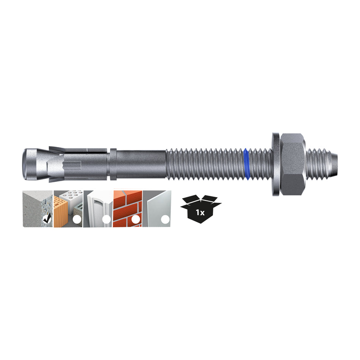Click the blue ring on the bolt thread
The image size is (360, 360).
247,164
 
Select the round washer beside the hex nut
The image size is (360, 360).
275,164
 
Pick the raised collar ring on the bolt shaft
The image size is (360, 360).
113,164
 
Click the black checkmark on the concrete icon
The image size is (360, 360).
48,219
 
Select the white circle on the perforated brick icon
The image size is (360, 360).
77,219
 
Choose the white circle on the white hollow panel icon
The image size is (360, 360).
106,219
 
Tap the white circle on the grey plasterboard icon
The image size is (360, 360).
165,219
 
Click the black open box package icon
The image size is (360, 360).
200,208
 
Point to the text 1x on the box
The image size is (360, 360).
200,213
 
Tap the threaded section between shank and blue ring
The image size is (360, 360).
205,164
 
